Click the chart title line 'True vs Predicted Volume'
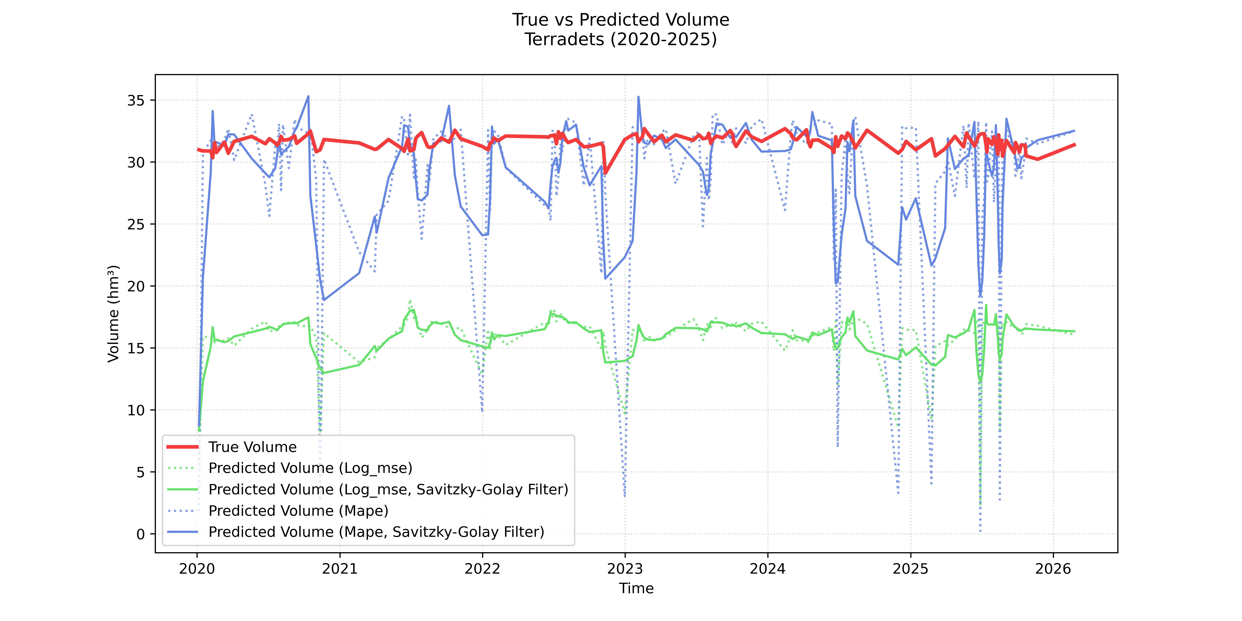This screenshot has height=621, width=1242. pos(620,20)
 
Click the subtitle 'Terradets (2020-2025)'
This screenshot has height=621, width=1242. pos(620,39)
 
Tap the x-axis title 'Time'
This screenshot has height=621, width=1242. pos(636,588)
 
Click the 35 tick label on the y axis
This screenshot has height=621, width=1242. pos(135,100)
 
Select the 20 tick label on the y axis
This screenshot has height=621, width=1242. pos(135,286)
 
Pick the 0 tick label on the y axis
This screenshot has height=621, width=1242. pos(140,534)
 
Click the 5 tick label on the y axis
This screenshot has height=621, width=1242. pos(140,472)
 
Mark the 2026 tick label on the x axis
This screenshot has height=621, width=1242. pos(1053,569)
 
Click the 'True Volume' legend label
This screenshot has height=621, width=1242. pos(252,447)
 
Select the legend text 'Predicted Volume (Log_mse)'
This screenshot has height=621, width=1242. pos(310,468)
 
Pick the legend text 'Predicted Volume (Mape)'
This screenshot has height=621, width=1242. pos(298,511)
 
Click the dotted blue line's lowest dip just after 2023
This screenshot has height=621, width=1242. pos(625,496)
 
